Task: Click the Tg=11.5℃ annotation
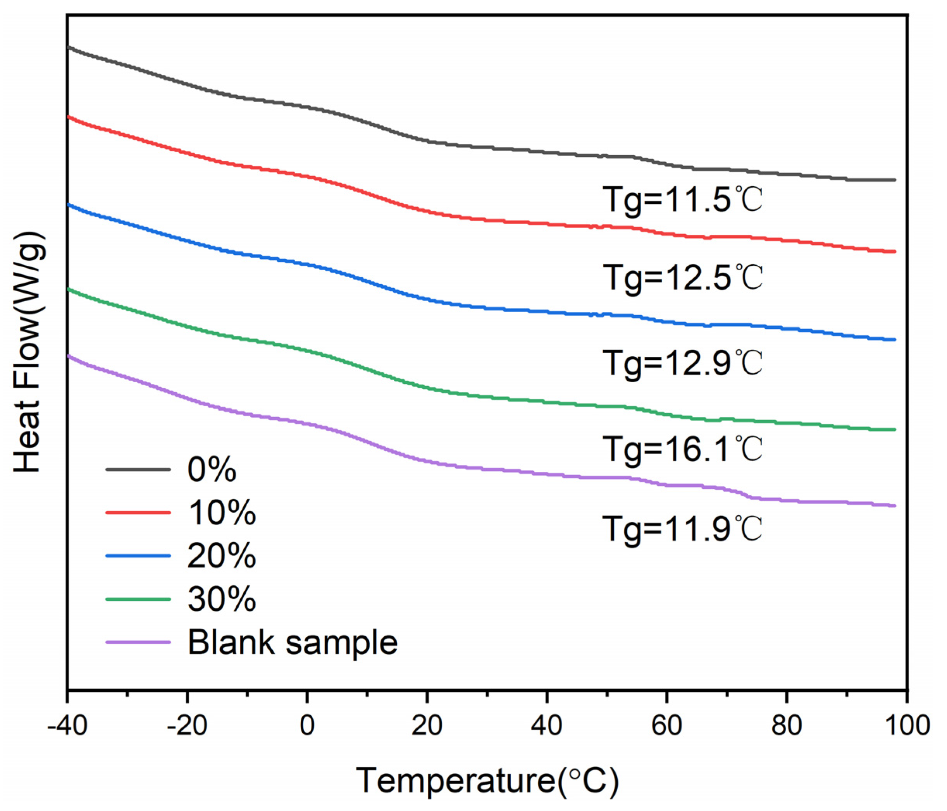pos(683,200)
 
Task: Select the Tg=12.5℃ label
pos(683,278)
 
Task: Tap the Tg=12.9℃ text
pos(683,363)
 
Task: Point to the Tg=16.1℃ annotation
pos(683,449)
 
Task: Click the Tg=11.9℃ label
pos(683,529)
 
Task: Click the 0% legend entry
pos(212,470)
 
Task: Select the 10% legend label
pos(222,513)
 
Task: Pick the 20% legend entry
pos(222,556)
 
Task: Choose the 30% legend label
pos(222,599)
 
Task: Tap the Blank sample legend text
pos(293,643)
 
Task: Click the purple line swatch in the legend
pos(138,642)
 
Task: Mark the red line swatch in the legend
pos(138,513)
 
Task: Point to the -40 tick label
pos(67,725)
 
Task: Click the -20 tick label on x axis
pos(187,725)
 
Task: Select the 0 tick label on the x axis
pos(307,725)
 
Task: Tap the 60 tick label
pos(667,725)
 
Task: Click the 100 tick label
pos(907,725)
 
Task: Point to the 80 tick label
pos(787,725)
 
